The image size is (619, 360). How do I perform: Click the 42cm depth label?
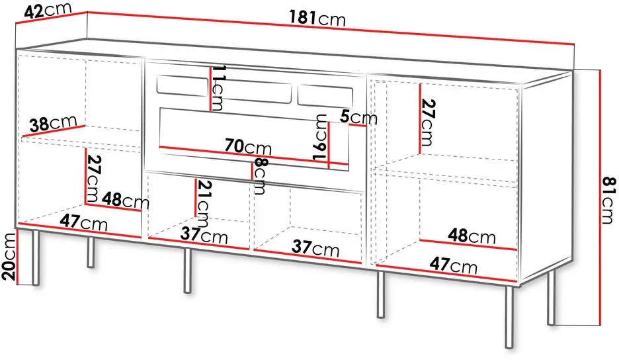[48, 11]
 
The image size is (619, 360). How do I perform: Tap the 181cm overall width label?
[317, 18]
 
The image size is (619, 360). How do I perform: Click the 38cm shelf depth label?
[54, 123]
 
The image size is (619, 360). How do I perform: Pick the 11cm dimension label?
[217, 88]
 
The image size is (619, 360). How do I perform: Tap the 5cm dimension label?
[358, 117]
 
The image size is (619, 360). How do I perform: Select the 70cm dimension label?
[248, 147]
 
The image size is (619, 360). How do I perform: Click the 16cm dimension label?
[320, 137]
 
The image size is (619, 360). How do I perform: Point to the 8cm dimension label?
[259, 176]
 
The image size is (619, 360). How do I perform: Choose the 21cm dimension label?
[202, 202]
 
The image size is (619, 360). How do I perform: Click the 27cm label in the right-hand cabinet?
[427, 122]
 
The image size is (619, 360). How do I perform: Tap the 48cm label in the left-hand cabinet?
[126, 201]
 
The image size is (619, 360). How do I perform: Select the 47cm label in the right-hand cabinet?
[453, 265]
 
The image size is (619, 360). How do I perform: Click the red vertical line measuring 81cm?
[599, 197]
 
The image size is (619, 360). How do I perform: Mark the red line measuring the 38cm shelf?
[54, 132]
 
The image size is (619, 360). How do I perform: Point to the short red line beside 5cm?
[358, 125]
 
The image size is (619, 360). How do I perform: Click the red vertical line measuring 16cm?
[329, 145]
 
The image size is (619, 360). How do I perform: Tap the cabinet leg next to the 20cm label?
[36, 257]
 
